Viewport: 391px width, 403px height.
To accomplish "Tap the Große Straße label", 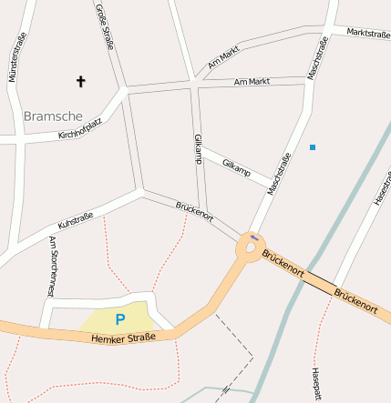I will coord(106,25).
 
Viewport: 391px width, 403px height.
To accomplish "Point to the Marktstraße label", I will coord(368,35).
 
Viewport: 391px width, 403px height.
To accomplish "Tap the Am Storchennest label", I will coord(53,266).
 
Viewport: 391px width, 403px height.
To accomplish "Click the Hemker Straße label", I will coord(123,338).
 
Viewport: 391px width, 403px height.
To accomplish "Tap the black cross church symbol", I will coord(80,82).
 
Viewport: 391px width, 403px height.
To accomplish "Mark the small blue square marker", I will coord(313,146).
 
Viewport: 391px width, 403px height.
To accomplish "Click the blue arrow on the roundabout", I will coord(253,238).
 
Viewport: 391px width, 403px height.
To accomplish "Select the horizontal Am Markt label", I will coord(252,82).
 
